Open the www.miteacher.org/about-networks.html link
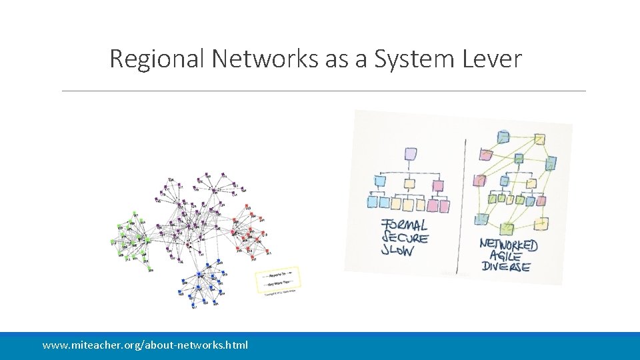pyautogui.click(x=145, y=345)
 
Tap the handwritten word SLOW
pyautogui.click(x=397, y=251)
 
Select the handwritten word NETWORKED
pyautogui.click(x=509, y=245)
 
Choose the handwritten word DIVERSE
pyautogui.click(x=505, y=267)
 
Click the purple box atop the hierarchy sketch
pyautogui.click(x=411, y=155)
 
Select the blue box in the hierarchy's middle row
pyautogui.click(x=381, y=181)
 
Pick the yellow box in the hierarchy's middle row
pyautogui.click(x=409, y=183)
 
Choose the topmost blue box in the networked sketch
pyautogui.click(x=504, y=138)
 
